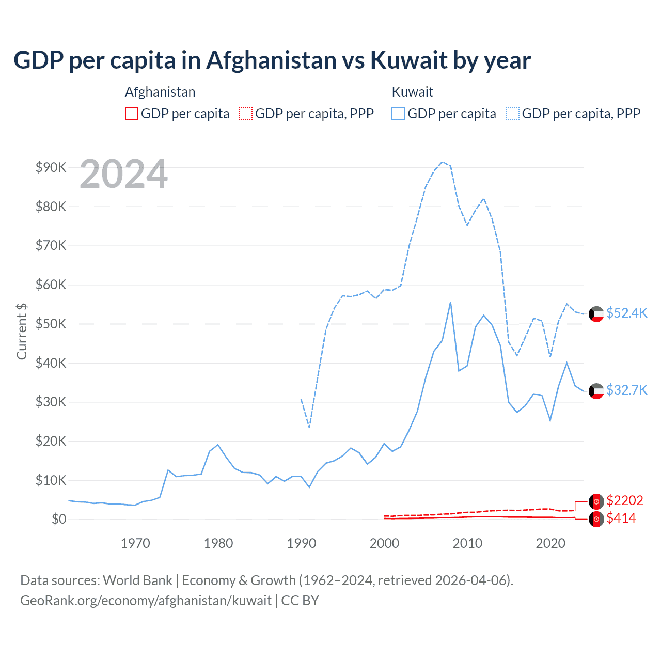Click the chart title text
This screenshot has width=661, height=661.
coord(272,60)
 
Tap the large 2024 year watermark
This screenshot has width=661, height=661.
coord(124,174)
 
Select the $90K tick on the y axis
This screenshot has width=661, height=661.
coord(51,167)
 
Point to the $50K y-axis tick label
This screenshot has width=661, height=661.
coord(51,324)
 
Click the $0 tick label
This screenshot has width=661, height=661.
coord(59,519)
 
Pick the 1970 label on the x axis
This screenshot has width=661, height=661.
coord(135,543)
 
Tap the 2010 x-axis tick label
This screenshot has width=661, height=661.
coord(467,543)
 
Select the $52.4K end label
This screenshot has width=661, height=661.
coord(626,313)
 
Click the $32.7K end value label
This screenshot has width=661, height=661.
coord(626,390)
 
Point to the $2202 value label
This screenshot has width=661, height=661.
coord(625,500)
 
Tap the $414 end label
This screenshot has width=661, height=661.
coord(621,518)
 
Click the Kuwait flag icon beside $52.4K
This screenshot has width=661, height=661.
coord(596,314)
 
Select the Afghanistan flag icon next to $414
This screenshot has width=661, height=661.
coord(596,519)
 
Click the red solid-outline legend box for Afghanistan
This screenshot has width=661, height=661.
coord(132,114)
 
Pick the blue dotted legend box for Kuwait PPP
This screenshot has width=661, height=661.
coord(513,114)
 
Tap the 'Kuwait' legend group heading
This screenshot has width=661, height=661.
coord(412,92)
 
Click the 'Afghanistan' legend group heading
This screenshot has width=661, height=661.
coord(160,92)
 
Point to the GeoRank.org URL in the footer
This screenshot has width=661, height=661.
coord(146,601)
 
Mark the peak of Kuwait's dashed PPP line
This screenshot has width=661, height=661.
coord(442,162)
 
